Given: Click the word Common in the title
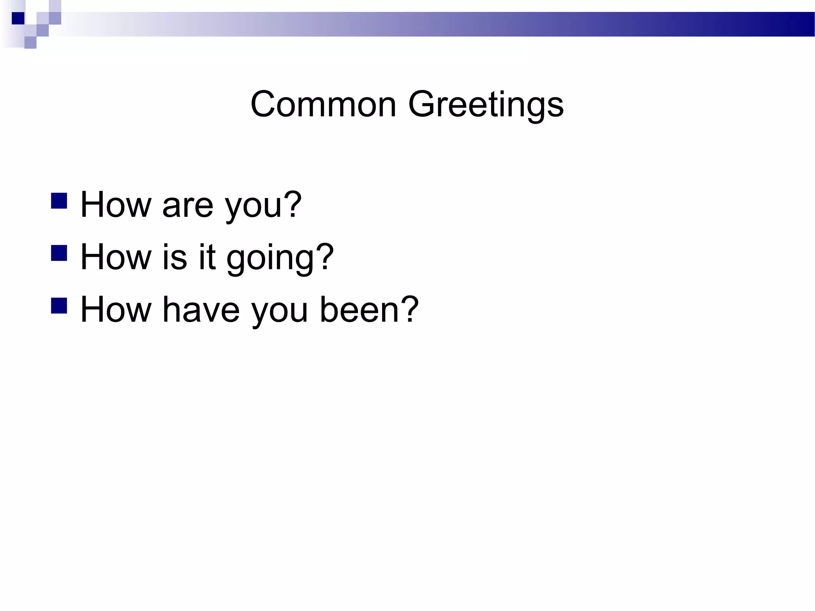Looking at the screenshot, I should [323, 104].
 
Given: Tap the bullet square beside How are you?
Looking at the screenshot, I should [59, 201].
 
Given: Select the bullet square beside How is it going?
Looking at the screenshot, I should [59, 253].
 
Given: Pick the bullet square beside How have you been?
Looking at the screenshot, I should [59, 306].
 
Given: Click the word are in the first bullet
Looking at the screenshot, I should [188, 205].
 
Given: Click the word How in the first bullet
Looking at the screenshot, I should [116, 204].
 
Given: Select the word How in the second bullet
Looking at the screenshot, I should [116, 257].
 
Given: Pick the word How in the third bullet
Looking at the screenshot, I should [116, 309].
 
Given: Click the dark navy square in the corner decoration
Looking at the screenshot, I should [18, 18].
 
